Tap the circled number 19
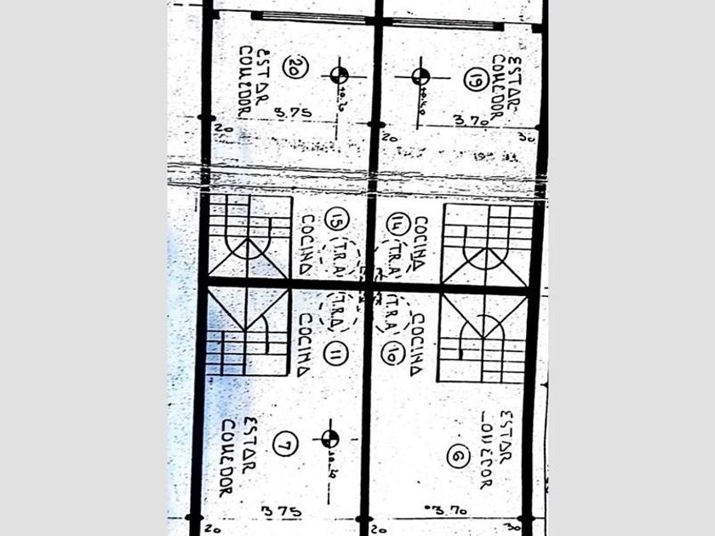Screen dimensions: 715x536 [x=475, y=80]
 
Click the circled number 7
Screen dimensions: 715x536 [x=286, y=443]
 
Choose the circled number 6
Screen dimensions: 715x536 [x=460, y=457]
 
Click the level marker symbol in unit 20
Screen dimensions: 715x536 [x=340, y=75]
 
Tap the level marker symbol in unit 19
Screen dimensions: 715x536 [x=420, y=77]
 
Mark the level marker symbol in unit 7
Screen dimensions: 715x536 [x=329, y=439]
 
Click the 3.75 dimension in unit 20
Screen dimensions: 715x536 [x=292, y=112]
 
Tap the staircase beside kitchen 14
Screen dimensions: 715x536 [x=486, y=242]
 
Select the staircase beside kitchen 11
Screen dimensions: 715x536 [x=247, y=332]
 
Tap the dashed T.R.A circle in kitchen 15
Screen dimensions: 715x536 [x=340, y=257]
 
